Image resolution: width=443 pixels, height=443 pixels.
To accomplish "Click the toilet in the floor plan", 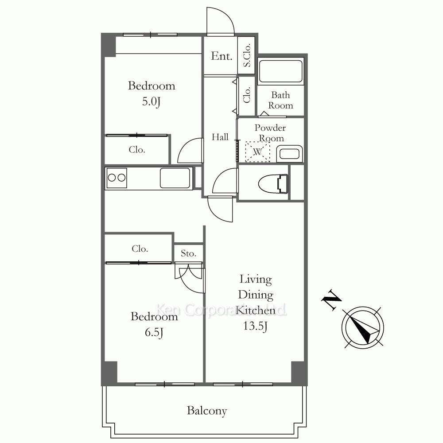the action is (273, 184).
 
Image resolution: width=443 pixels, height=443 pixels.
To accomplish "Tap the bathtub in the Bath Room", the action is (280, 71).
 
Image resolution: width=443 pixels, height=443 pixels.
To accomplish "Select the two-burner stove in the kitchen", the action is (116, 178).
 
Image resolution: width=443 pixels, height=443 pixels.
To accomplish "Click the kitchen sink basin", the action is (175, 178).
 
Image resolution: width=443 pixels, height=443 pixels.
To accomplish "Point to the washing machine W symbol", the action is (257, 152).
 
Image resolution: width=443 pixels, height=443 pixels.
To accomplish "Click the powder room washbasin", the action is (289, 154).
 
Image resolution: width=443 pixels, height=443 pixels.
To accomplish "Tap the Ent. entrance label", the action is (221, 56).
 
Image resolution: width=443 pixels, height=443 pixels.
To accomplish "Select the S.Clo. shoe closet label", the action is (247, 55).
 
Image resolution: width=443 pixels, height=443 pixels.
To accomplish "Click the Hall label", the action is (220, 137).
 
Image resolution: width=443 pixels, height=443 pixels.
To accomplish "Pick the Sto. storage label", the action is (188, 253).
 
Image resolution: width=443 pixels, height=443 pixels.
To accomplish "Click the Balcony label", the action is (207, 411).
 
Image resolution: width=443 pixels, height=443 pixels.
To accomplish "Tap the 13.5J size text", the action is (256, 326).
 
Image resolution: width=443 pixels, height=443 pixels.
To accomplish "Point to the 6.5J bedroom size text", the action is (154, 333).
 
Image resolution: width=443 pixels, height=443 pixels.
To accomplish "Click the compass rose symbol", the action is (363, 328).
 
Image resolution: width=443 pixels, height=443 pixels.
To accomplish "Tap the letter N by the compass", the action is (331, 300).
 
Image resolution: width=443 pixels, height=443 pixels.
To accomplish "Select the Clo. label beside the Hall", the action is (247, 95).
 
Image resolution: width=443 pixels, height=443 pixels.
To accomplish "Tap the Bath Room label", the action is (280, 100).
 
